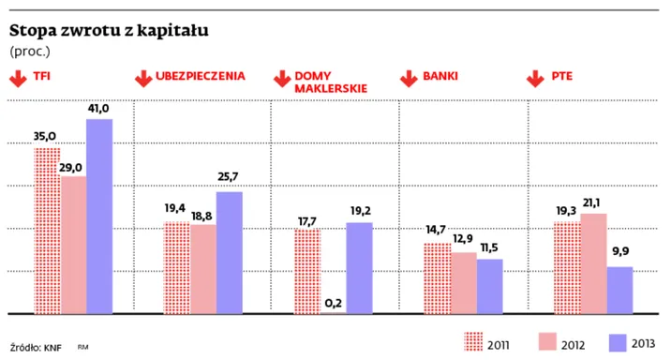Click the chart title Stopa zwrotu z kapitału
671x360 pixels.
click(109, 30)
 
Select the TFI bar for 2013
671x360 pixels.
click(99, 216)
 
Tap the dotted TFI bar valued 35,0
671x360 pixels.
click(47, 230)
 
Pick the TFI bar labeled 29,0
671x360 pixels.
click(73, 244)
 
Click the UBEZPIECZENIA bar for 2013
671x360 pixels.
click(230, 251)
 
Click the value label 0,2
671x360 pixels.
click(333, 302)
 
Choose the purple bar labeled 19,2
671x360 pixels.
click(359, 267)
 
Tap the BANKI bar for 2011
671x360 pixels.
click(437, 277)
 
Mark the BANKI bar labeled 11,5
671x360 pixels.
click(489, 285)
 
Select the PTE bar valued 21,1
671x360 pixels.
click(593, 262)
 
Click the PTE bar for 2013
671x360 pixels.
click(619, 289)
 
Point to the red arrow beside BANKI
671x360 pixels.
click(408, 79)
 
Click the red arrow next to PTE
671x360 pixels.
click(536, 79)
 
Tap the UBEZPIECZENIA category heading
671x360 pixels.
click(202, 74)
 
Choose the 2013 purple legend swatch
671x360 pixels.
click(618, 343)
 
